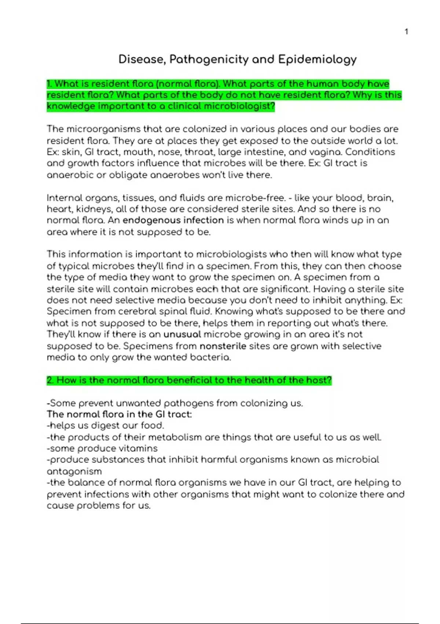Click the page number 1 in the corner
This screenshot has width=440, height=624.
[x=406, y=32]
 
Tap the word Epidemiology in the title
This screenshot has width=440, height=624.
[x=317, y=59]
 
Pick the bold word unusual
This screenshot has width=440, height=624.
[x=182, y=334]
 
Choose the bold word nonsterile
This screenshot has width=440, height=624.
[x=223, y=346]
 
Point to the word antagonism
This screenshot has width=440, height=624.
[x=74, y=471]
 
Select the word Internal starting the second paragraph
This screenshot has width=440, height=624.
[x=65, y=198]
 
